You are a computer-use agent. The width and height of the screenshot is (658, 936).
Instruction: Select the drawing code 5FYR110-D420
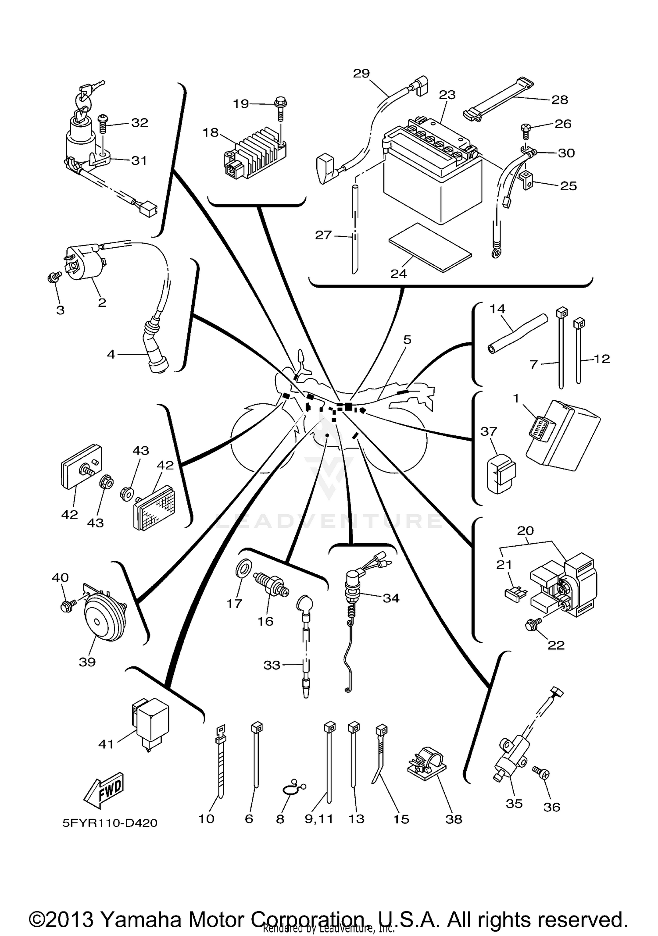click(110, 823)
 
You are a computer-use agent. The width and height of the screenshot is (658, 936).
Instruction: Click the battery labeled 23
click(432, 178)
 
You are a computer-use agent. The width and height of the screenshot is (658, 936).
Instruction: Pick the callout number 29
click(361, 73)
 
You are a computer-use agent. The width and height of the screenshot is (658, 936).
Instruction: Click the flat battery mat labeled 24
click(430, 248)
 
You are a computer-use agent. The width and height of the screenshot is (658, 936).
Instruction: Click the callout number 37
click(488, 431)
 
